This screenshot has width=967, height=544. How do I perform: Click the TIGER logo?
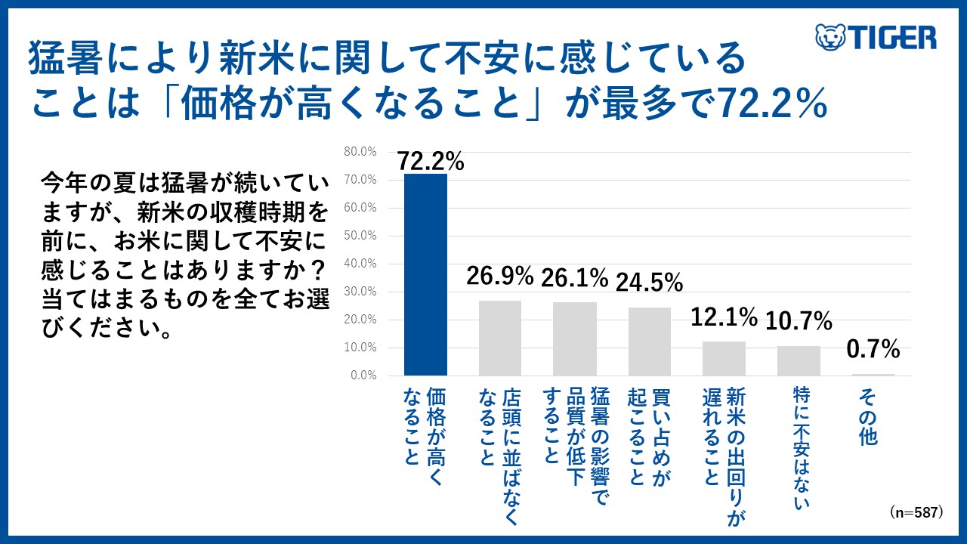876,37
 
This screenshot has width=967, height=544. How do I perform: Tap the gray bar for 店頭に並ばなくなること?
500,338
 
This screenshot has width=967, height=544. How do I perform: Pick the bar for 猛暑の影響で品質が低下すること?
574,338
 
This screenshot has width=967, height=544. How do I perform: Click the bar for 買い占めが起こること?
650,341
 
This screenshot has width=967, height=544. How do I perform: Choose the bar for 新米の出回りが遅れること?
724,358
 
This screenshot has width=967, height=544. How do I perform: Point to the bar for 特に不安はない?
799,360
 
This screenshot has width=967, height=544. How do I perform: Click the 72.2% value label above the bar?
431,161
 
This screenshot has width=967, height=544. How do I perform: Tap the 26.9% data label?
500,277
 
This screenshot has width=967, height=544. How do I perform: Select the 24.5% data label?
650,282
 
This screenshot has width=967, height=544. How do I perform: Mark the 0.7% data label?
873,349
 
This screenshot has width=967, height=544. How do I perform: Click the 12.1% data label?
724,317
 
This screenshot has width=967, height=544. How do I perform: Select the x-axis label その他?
868,416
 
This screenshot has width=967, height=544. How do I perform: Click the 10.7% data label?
799,322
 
